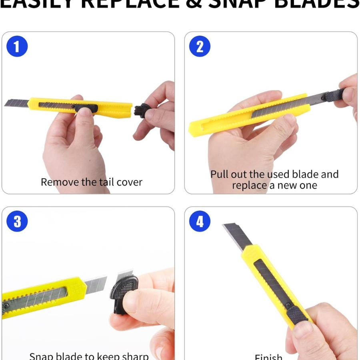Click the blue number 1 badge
tap(17, 46)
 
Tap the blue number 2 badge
tap(200, 46)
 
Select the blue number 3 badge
tap(17, 221)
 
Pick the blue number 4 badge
tap(200, 221)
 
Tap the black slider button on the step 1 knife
tap(86, 108)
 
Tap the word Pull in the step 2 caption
tap(219, 174)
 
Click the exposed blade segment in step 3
tap(95, 286)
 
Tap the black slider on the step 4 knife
tap(297, 314)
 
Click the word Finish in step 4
tap(268, 356)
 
